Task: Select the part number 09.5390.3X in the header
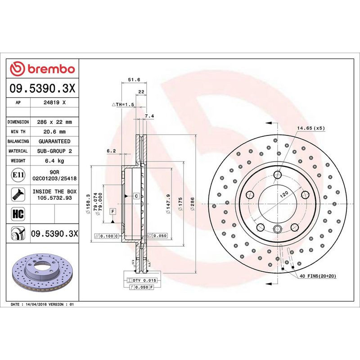pos(43,90)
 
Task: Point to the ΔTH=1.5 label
pos(123,104)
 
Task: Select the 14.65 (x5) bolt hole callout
pos(310,128)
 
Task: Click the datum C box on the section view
pos(135,196)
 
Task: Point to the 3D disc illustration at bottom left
pos(43,274)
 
